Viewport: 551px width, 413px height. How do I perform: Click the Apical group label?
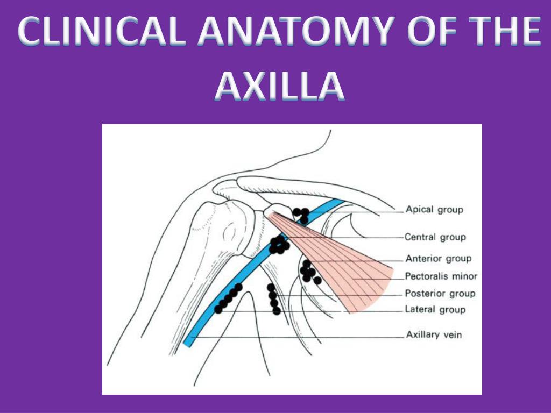(434, 209)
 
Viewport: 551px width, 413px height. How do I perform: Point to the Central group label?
(435, 237)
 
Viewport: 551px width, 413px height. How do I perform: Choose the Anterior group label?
(438, 258)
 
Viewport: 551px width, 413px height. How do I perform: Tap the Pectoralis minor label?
(441, 276)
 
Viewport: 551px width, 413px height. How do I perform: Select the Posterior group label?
(440, 294)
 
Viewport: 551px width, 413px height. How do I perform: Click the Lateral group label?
(435, 310)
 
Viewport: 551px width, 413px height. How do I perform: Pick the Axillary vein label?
(434, 335)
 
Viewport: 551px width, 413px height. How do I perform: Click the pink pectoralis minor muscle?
(350, 269)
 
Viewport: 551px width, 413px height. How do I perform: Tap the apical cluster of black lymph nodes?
(301, 215)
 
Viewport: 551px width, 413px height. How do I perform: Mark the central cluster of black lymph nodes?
(279, 245)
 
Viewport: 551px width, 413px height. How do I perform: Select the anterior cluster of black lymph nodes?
(309, 272)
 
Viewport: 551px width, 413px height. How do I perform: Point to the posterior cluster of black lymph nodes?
(273, 299)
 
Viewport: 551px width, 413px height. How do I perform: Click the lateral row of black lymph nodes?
(228, 298)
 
